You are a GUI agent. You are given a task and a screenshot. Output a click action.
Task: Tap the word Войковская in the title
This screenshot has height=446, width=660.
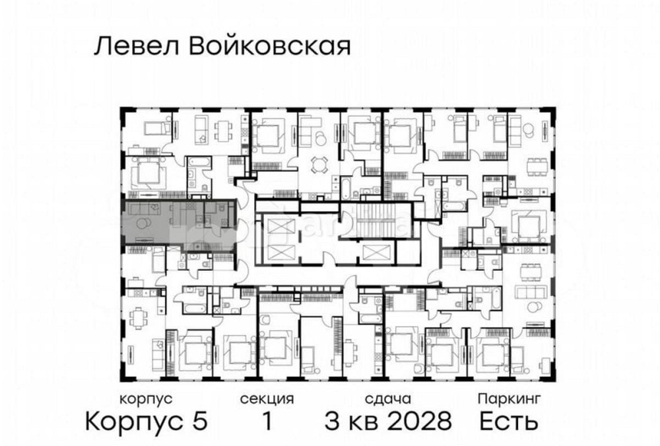tap(264, 48)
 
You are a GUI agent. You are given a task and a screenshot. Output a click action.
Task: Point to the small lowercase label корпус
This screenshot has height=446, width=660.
tap(146, 399)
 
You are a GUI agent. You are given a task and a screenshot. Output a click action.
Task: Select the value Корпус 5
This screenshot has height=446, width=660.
tap(147, 421)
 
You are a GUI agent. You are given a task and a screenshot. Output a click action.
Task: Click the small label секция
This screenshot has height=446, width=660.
tap(267, 399)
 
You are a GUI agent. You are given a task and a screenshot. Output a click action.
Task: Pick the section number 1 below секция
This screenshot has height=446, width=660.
tap(267, 421)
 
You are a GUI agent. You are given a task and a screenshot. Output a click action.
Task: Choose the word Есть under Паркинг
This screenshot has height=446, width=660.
tap(509, 421)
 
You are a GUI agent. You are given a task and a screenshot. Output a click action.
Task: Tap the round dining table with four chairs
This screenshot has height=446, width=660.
tap(319, 163)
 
